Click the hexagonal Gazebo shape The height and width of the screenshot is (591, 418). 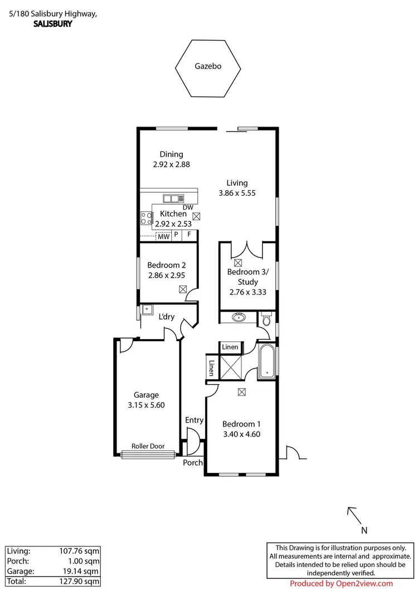[208, 67]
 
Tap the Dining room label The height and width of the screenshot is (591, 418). [171, 154]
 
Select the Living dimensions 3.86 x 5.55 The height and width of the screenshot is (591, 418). [237, 193]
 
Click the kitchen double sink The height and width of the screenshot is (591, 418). [173, 198]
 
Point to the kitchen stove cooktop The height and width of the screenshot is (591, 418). [146, 218]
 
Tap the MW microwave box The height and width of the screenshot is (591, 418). [163, 236]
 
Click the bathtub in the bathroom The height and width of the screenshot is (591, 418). [266, 362]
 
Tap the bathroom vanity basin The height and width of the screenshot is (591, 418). [240, 318]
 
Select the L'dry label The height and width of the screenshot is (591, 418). [167, 317]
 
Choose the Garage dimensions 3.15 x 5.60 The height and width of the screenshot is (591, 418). [147, 405]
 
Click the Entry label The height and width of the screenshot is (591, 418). [195, 420]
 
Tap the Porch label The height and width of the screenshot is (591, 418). [193, 463]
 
